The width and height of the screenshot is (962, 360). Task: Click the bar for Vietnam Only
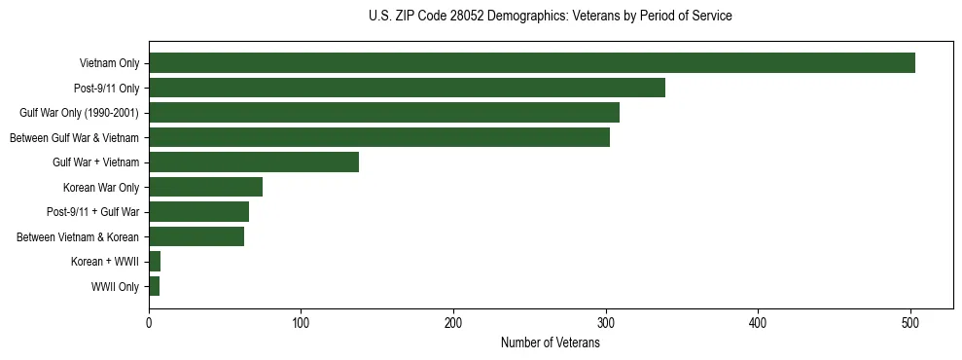point(532,63)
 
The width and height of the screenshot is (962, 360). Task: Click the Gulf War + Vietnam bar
point(254,162)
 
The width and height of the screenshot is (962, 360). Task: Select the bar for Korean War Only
point(205,187)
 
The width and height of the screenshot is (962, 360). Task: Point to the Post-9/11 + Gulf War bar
point(198,212)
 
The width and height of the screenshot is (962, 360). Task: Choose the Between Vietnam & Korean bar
point(196,236)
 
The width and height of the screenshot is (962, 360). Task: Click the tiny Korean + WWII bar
point(155,262)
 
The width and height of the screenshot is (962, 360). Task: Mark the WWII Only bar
point(154,286)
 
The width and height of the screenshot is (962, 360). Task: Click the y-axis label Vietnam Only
point(109,64)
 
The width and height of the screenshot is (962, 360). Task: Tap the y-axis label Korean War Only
point(101,188)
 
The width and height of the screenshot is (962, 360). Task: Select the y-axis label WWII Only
point(115,287)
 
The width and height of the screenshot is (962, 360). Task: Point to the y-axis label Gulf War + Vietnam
point(95,162)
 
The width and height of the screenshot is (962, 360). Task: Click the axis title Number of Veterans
point(550,342)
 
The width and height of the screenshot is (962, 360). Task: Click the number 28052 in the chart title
point(462,16)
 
